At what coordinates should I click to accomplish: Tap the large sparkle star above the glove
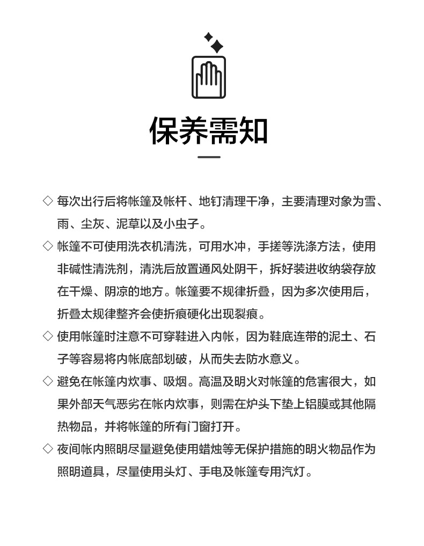[x=216, y=47]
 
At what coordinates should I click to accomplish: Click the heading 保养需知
[x=209, y=130]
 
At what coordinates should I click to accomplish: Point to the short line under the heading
[x=209, y=157]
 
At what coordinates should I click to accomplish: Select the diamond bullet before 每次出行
[x=47, y=201]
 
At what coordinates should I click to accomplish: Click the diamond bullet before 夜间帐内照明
[x=47, y=449]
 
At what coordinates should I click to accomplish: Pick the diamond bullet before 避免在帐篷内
[x=47, y=381]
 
